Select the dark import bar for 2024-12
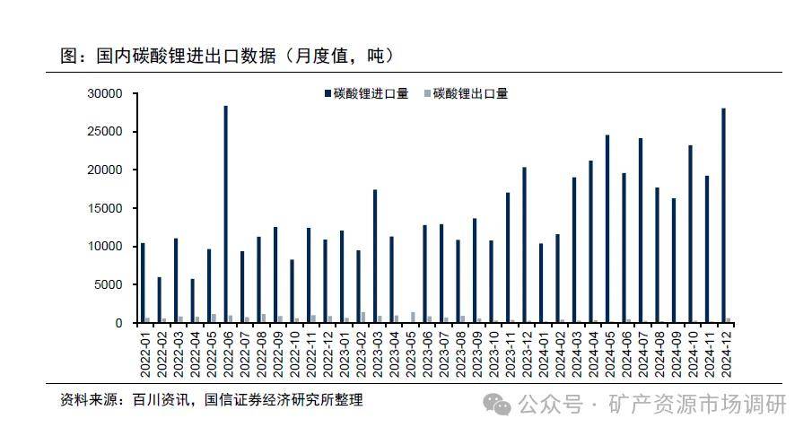click(x=723, y=215)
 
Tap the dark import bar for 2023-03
click(x=375, y=256)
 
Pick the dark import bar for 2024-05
click(x=607, y=229)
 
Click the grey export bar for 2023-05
click(x=413, y=318)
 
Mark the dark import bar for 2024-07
click(x=641, y=231)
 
